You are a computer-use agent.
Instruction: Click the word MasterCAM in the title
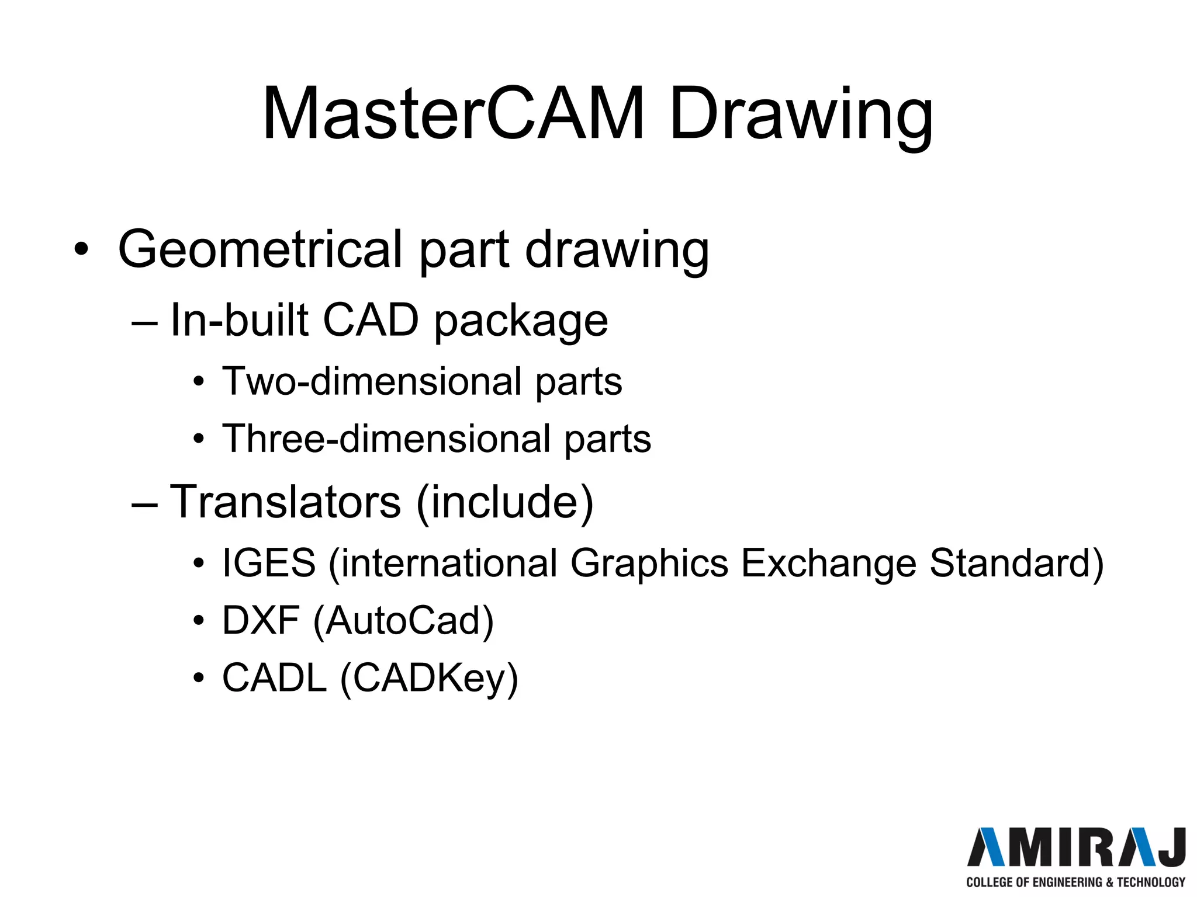pos(453,114)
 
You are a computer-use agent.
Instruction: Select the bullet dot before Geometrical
pos(81,249)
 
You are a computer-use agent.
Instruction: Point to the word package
pos(521,322)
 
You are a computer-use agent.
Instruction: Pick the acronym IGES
pos(269,563)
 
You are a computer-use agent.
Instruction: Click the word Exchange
pos(829,564)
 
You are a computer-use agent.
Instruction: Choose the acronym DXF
pos(261,620)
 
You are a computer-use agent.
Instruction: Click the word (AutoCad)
pos(404,621)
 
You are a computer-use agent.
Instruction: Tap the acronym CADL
pos(274,678)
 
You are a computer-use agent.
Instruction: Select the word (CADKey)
pos(429,679)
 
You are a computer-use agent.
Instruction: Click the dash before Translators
pos(144,503)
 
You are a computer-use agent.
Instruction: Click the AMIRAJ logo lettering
pos(1076,847)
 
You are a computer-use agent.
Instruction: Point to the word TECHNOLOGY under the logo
pos(1151,882)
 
